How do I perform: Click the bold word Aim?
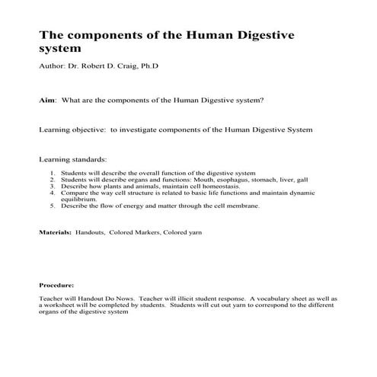point(46,100)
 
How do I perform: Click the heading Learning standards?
point(73,160)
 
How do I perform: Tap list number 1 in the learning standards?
point(52,173)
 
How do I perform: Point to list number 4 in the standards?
point(52,193)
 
